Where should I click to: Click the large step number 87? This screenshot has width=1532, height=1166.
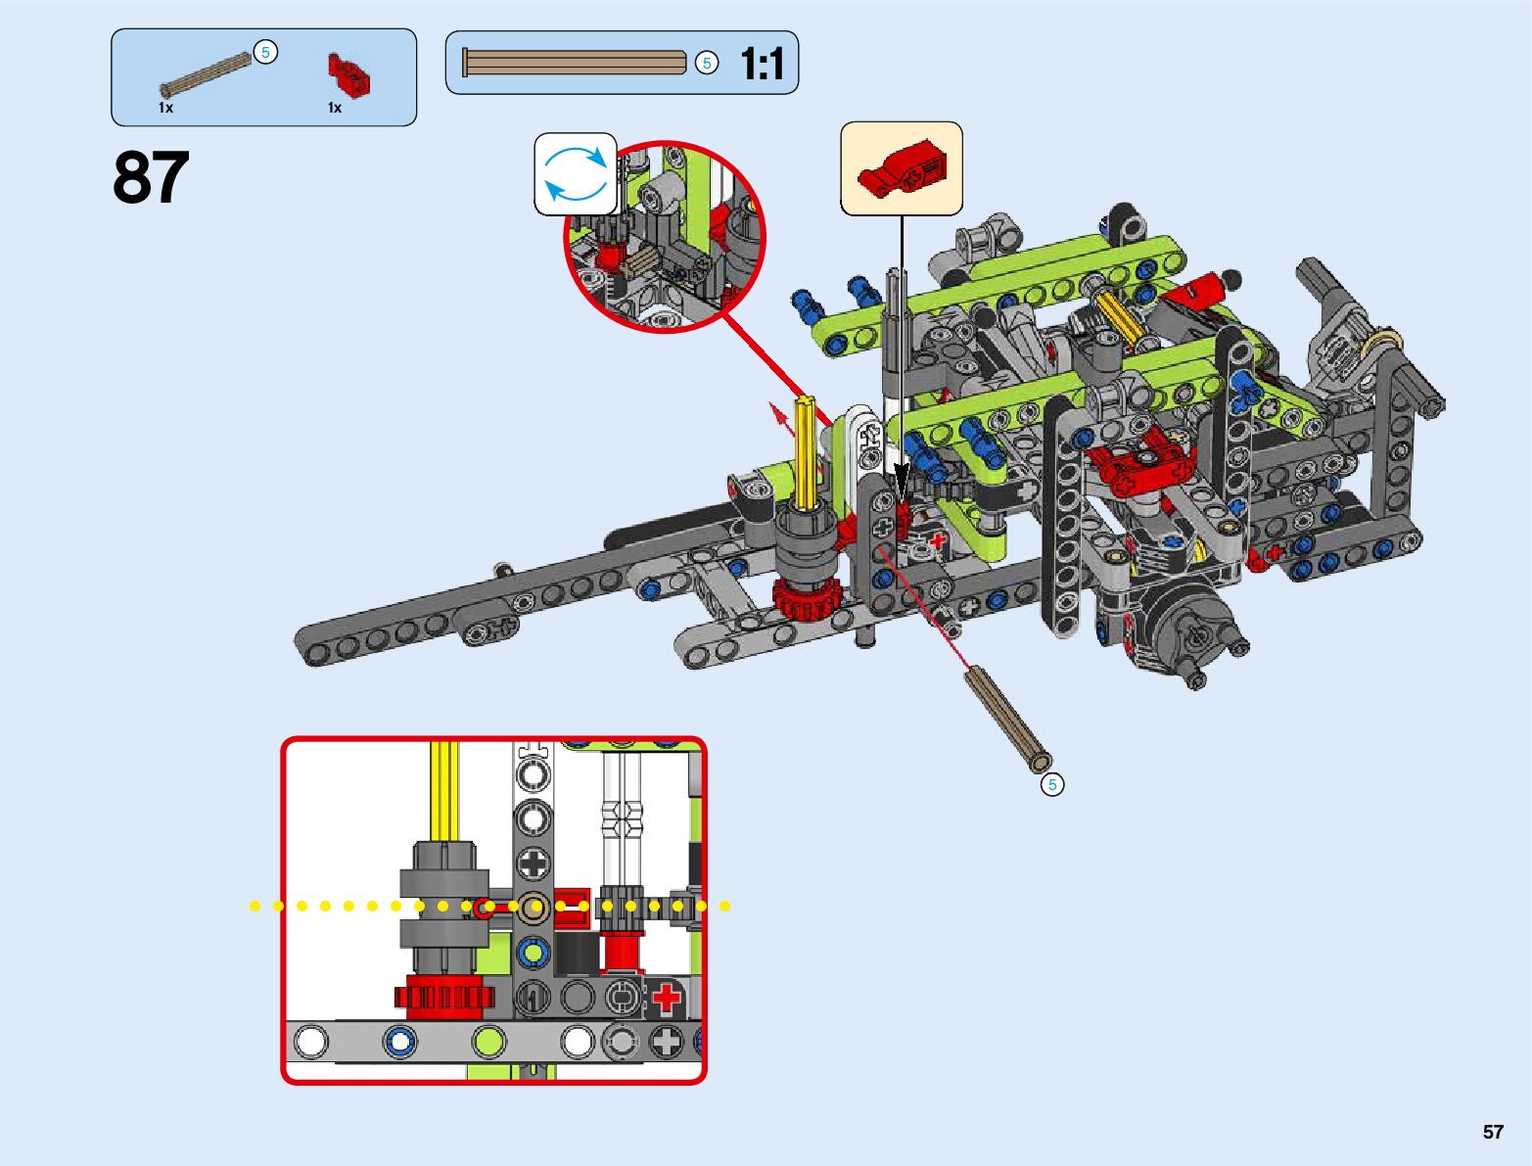[x=151, y=177]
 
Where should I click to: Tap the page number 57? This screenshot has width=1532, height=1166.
[x=1493, y=1131]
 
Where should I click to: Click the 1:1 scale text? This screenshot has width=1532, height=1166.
[x=763, y=64]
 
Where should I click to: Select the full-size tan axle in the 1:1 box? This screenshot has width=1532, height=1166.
[x=575, y=63]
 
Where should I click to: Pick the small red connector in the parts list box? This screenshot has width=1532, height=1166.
[x=348, y=74]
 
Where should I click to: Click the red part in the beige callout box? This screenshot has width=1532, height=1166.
[x=901, y=168]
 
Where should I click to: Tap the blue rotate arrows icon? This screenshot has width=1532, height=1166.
[x=575, y=173]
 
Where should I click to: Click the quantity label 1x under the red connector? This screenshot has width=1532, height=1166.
[x=335, y=108]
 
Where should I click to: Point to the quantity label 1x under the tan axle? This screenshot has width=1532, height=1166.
[x=165, y=108]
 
